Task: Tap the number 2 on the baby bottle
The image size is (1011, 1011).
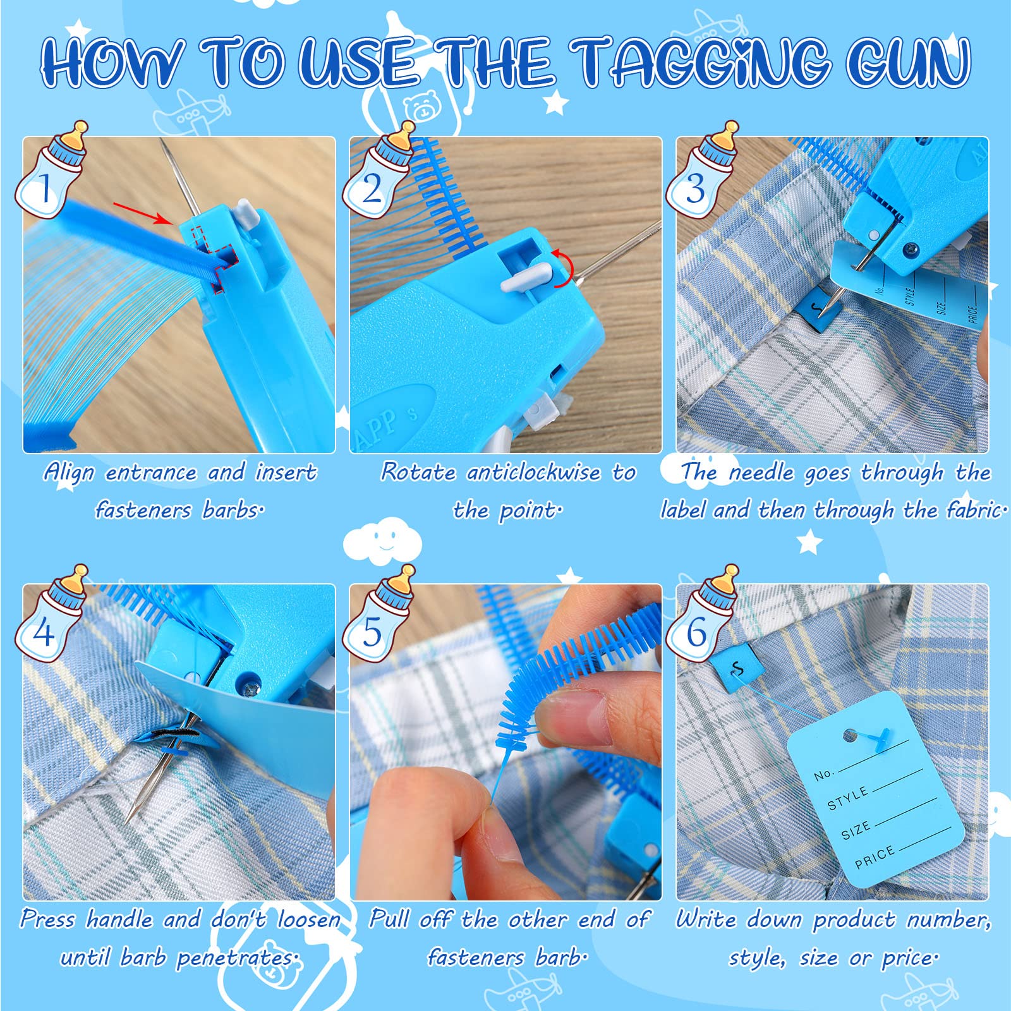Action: point(372,188)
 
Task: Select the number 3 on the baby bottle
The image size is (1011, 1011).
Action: point(696,188)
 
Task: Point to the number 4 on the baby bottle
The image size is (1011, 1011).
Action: point(44,631)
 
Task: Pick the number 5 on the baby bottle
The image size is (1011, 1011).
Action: point(372,632)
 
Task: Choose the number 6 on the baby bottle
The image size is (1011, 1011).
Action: point(696,632)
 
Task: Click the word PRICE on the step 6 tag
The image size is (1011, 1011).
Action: point(875,857)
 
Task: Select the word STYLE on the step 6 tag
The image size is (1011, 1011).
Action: point(848,799)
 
